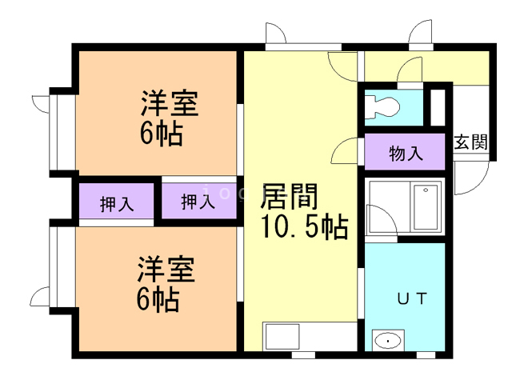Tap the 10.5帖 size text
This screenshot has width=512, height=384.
304,227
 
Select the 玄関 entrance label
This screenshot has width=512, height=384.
471,143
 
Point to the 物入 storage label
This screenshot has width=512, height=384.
406,153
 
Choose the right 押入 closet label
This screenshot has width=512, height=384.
198,202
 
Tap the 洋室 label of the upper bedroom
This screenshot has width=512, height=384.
170,104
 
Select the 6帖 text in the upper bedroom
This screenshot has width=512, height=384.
161,133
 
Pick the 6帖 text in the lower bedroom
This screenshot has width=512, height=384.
157,299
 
